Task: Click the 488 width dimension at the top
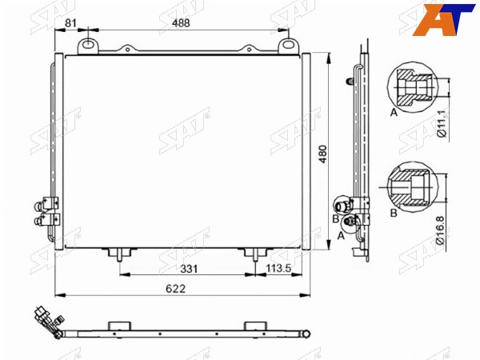(181, 23)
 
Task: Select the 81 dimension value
(70, 23)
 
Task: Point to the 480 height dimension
(323, 154)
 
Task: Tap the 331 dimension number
(189, 269)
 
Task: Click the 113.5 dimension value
(278, 269)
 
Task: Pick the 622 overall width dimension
(176, 288)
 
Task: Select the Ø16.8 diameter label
(440, 230)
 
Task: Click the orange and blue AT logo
(443, 19)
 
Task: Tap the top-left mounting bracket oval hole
(88, 45)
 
